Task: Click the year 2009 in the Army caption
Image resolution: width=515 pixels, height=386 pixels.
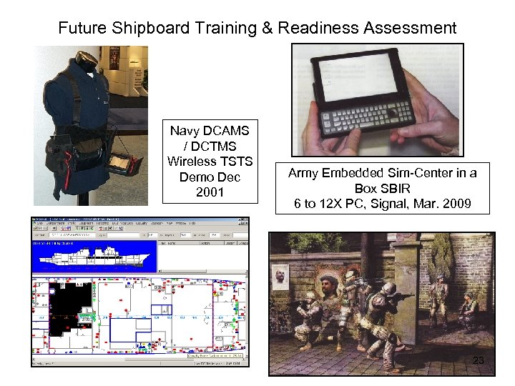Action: (455, 204)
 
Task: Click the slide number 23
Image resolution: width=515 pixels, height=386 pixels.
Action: (479, 360)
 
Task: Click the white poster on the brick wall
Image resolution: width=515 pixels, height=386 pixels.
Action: (281, 276)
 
